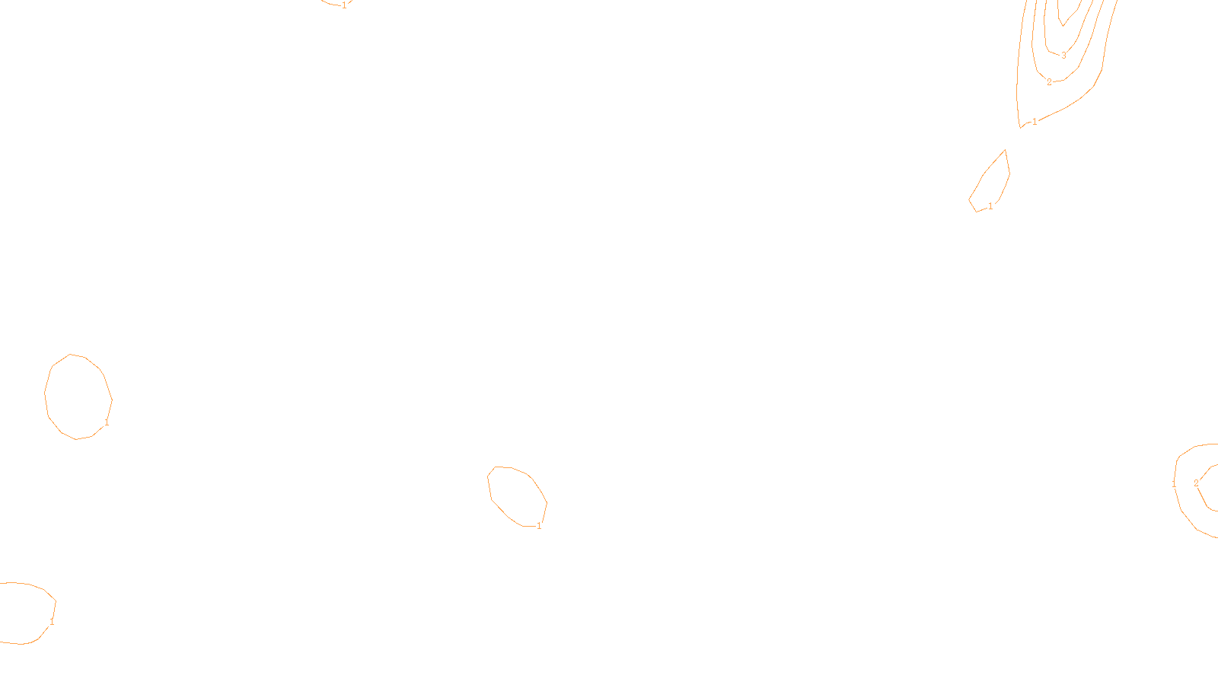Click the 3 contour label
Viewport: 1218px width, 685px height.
(1063, 56)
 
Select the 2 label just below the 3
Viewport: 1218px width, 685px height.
(1049, 82)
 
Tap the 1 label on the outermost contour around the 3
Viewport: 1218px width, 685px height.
(1035, 122)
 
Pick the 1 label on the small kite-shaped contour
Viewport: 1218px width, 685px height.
(990, 206)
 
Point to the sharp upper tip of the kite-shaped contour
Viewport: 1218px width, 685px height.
(1006, 150)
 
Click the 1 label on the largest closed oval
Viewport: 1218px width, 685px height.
(107, 422)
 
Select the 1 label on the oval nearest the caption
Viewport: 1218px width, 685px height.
(539, 526)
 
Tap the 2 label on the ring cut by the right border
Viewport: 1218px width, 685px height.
(1196, 483)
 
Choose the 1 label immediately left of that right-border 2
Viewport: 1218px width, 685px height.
(1174, 483)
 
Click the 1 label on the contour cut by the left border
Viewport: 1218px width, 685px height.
(52, 622)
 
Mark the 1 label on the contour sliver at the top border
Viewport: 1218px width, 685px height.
(344, 5)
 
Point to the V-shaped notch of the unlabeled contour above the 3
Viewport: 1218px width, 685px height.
(1063, 25)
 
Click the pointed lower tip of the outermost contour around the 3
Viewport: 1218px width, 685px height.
(1020, 126)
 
